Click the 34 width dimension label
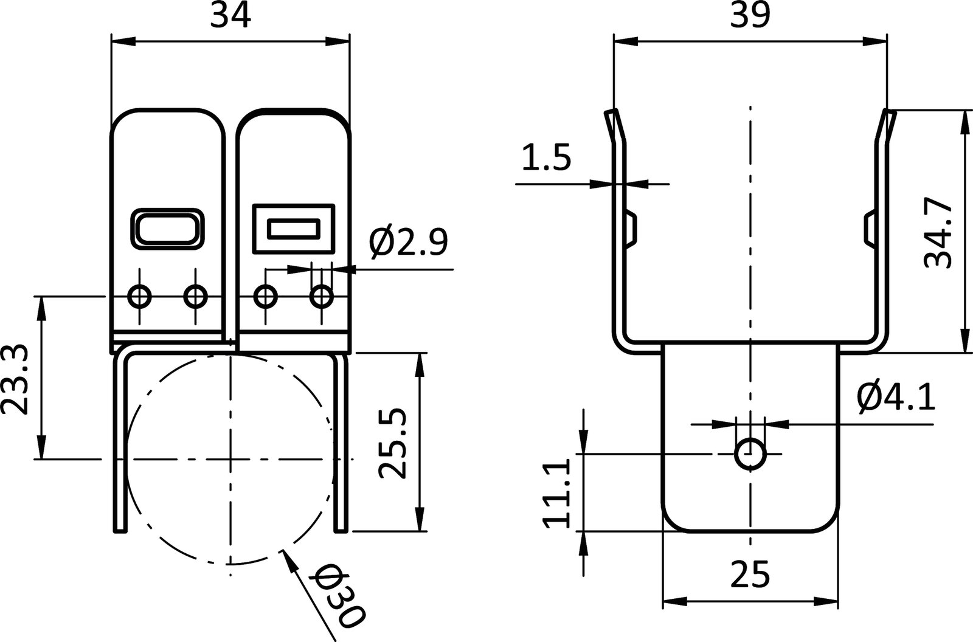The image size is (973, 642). [230, 16]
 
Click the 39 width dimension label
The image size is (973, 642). [749, 16]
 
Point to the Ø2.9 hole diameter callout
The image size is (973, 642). [408, 243]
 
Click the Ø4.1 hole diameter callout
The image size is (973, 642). [896, 398]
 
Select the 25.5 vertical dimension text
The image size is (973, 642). [390, 444]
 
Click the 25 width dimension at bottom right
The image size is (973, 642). [749, 574]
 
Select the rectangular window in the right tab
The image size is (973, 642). [293, 229]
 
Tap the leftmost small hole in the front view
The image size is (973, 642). [139, 297]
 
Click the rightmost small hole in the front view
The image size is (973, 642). [321, 297]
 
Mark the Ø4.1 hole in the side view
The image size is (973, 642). [750, 454]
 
